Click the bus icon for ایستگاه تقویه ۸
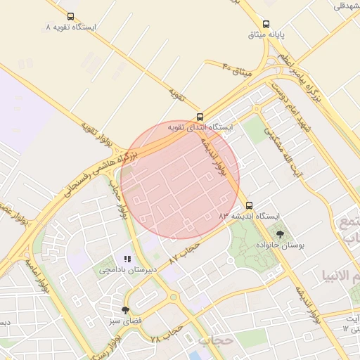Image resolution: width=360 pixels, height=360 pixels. [x=70, y=15]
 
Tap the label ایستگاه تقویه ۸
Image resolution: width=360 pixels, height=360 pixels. [x=70, y=27]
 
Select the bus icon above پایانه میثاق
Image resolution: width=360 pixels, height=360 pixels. [x=266, y=23]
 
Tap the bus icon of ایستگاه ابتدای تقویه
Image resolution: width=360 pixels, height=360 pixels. [x=200, y=117]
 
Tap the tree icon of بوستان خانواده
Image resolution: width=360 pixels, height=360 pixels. [x=281, y=234]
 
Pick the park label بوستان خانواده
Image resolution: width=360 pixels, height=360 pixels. [x=281, y=245]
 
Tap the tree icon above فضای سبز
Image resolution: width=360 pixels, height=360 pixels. [x=125, y=309]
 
